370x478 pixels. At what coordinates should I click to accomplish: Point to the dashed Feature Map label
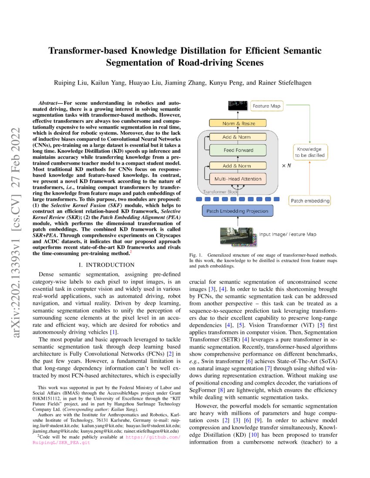pos(266,106)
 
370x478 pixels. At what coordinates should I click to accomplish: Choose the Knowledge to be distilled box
pos(310,152)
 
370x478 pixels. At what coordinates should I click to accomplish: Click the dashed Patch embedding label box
pos(309,201)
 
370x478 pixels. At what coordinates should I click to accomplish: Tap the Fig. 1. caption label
pos(196,254)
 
